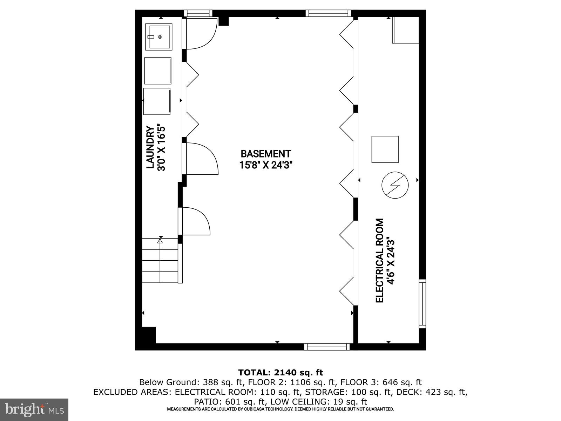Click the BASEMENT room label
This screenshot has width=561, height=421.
tap(265, 154)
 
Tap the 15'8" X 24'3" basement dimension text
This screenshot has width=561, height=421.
tap(265, 165)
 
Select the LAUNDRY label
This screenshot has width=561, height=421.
tap(150, 147)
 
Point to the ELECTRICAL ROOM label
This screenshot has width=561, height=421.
tap(380, 260)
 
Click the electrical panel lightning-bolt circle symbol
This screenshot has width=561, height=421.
tap(395, 185)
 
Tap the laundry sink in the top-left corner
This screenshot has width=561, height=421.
tap(158, 37)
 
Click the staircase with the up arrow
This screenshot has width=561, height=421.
tap(160, 260)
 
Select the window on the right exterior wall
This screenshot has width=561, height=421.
tap(423, 304)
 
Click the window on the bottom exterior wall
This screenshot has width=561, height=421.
tap(327, 347)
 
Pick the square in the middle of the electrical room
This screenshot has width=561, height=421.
tap(385, 149)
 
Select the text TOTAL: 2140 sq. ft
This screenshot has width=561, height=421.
tap(280, 373)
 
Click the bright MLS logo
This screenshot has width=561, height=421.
tap(34, 409)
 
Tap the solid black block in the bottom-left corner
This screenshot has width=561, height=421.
tap(148, 335)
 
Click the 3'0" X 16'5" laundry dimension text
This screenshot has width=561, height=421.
tap(161, 147)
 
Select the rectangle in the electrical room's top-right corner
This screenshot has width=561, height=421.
tap(405, 30)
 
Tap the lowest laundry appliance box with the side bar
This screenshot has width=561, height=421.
tap(157, 101)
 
